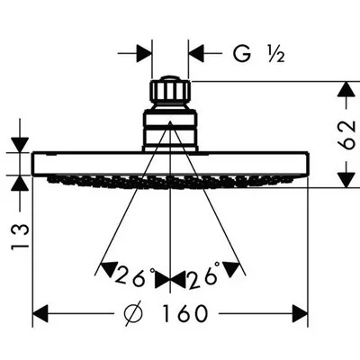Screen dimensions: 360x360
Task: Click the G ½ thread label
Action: tap(258, 54)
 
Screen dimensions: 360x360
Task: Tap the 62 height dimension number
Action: tap(347, 135)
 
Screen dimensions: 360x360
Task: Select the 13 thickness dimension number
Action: tap(20, 237)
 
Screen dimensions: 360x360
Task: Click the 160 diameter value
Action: tap(184, 313)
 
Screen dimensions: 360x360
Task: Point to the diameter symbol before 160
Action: tap(133, 313)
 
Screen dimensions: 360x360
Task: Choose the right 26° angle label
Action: tap(203, 276)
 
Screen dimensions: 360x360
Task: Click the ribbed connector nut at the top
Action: tap(170, 89)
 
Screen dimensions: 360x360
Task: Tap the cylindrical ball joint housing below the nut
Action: tap(170, 130)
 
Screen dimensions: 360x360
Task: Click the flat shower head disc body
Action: tap(170, 164)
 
